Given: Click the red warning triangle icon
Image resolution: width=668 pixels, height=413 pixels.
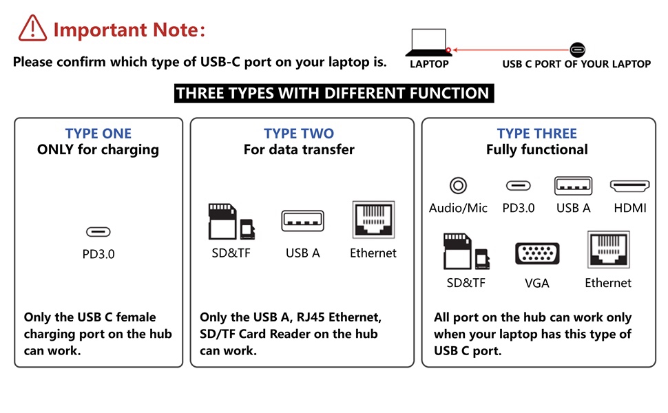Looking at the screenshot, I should (32, 28).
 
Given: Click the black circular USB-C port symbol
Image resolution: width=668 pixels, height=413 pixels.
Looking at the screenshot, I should (577, 50).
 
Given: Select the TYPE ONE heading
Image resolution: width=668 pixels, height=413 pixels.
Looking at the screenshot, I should (98, 134).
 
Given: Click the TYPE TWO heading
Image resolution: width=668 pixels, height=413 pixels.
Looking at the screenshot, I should (299, 134).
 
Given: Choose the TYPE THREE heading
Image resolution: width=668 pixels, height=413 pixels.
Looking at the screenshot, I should (537, 134).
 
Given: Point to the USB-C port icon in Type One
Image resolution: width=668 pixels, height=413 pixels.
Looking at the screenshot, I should (98, 232).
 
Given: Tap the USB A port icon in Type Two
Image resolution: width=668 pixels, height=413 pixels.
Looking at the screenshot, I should (302, 221).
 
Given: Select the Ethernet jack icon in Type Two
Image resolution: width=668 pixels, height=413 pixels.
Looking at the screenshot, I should (373, 220).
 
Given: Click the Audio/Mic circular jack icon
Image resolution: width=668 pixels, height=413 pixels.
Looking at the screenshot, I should (458, 186).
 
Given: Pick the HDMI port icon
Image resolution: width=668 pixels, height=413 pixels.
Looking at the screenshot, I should (630, 186).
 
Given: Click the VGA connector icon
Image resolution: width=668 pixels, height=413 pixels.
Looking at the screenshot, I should (537, 254).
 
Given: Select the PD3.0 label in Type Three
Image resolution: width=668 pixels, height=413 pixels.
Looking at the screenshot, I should (519, 208).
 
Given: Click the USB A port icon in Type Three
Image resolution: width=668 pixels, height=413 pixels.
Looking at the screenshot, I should (574, 186).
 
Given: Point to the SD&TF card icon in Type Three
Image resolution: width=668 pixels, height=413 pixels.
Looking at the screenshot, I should (466, 251).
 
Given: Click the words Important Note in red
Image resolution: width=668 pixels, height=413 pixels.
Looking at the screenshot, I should (129, 30).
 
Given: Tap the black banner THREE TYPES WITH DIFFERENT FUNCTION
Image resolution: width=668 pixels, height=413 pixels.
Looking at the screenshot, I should (334, 94).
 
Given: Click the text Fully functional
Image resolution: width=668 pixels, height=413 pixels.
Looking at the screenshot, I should (537, 150).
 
